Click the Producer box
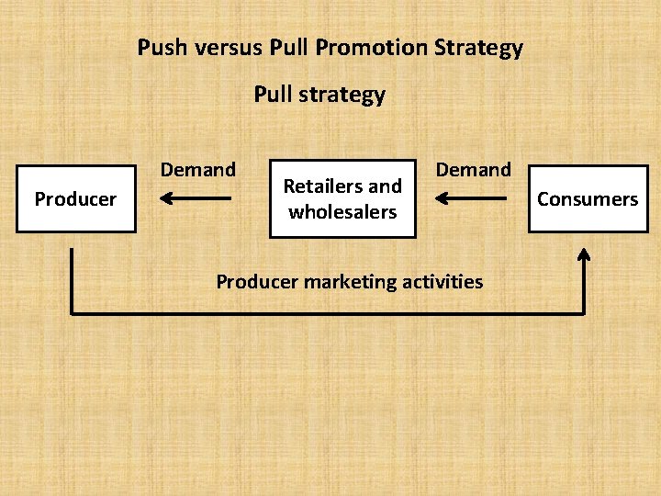coord(76,198)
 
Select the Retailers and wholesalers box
coord(342,199)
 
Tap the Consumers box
coord(588,198)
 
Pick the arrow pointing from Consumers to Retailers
coord(470,197)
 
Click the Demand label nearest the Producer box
coord(198,170)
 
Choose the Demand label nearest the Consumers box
coord(473,170)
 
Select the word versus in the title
coord(226,48)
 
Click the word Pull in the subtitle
coord(273,95)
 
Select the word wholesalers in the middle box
coord(342,212)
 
